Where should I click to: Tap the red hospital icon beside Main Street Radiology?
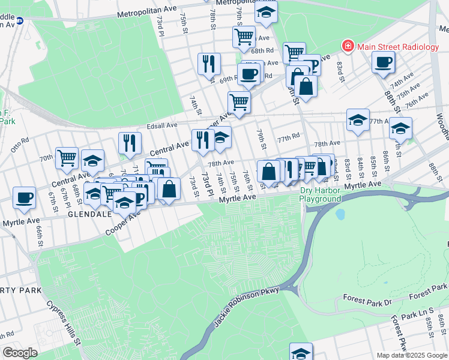[x=348, y=46]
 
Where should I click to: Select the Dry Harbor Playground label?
[x=320, y=194]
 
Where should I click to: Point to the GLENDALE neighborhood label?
[x=90, y=214]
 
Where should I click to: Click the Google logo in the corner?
[x=20, y=353]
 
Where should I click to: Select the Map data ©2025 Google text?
[x=412, y=355]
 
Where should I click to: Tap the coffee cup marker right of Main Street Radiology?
[x=383, y=62]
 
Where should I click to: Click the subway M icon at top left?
[x=19, y=20]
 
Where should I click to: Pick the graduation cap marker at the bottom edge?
[x=301, y=352]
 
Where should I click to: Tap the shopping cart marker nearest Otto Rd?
[x=67, y=158]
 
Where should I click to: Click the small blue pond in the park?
[x=341, y=214]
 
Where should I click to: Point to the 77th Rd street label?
[x=288, y=137]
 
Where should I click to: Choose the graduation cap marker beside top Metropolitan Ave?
[x=265, y=11]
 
